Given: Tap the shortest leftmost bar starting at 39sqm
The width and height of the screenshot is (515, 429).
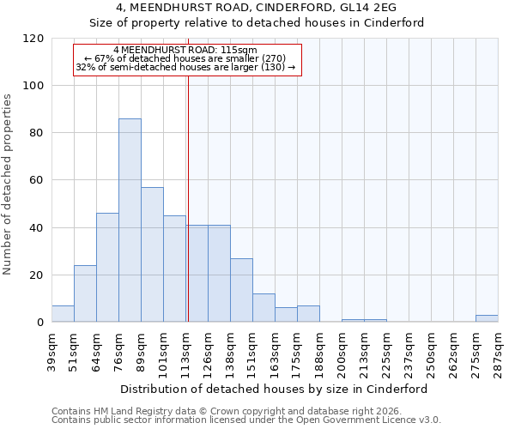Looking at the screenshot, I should [x=63, y=314].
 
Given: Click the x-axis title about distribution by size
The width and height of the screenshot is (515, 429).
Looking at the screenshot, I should [x=274, y=389].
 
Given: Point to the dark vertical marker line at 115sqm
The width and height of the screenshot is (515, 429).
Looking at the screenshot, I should [x=187, y=197].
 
